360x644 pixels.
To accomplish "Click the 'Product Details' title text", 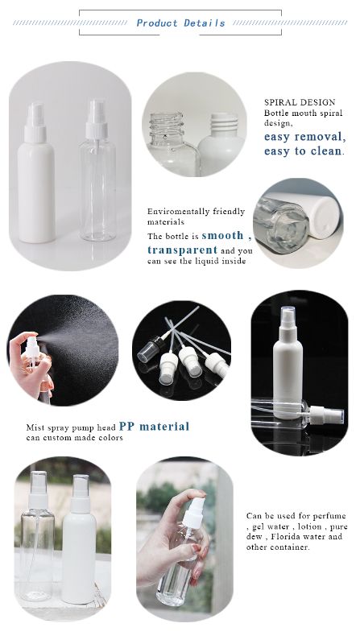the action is point(180,23).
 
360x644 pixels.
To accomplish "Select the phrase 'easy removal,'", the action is point(305,136).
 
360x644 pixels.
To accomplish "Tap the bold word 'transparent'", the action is point(182,250).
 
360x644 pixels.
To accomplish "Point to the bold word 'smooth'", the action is point(222,235).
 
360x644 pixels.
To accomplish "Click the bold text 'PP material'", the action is point(154,427).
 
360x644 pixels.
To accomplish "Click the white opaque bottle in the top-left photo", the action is point(35,172).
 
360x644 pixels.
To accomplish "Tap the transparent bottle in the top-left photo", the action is point(97,171).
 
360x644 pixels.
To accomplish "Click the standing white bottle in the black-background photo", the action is point(288,362).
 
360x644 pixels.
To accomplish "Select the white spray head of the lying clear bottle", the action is point(326,415).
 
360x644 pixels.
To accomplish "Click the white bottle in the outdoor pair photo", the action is point(79,539).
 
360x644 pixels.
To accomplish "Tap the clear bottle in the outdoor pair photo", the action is point(36,536).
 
